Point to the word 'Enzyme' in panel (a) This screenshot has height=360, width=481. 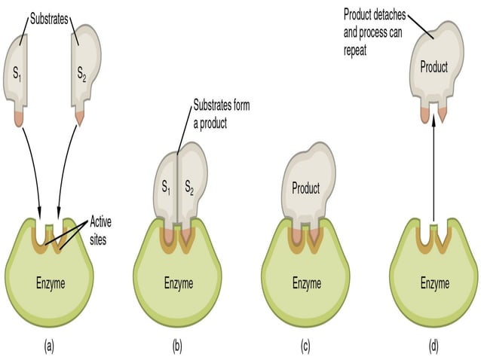coord(50,284)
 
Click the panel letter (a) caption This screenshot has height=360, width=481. coord(50,348)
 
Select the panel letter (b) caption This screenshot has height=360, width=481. coord(178,348)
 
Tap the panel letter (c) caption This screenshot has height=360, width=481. coord(306,348)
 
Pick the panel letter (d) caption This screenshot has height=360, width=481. coord(434,348)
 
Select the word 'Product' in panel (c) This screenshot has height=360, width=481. coord(305,188)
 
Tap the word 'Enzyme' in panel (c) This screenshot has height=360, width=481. coord(306,284)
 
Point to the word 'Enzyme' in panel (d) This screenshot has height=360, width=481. coord(434,284)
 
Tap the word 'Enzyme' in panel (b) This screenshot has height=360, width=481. coord(178,284)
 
